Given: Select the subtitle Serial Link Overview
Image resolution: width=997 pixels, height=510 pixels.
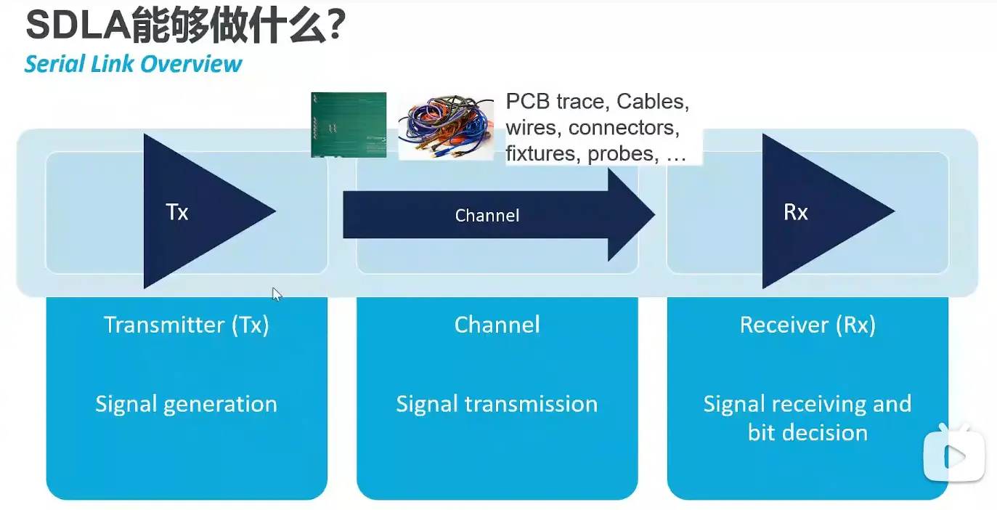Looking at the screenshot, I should (x=133, y=64).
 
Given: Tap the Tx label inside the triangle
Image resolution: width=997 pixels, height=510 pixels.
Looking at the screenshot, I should (x=177, y=212).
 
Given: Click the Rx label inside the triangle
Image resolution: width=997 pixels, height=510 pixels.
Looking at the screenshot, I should (x=796, y=212).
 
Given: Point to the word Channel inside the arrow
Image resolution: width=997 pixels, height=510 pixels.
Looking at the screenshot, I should (x=487, y=216).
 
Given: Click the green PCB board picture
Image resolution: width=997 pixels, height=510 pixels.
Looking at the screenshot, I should (x=349, y=124).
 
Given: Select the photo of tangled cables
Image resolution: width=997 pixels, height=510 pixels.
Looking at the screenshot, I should (x=445, y=126).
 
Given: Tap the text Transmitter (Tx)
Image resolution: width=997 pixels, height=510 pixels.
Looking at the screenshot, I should (x=187, y=325).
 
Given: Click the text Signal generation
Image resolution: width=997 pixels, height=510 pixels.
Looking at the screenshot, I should (x=187, y=404).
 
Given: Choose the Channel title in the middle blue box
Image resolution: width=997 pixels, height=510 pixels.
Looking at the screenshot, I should (x=497, y=325).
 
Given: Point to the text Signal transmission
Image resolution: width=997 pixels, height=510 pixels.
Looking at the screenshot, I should (x=497, y=404).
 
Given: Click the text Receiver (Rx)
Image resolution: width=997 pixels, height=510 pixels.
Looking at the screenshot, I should (x=807, y=325).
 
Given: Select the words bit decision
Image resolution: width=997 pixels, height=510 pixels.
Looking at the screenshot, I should (x=807, y=433).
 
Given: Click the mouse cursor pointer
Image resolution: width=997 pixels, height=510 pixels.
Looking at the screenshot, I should (x=276, y=293).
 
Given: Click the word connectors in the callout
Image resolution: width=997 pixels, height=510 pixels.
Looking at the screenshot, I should (x=624, y=128).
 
